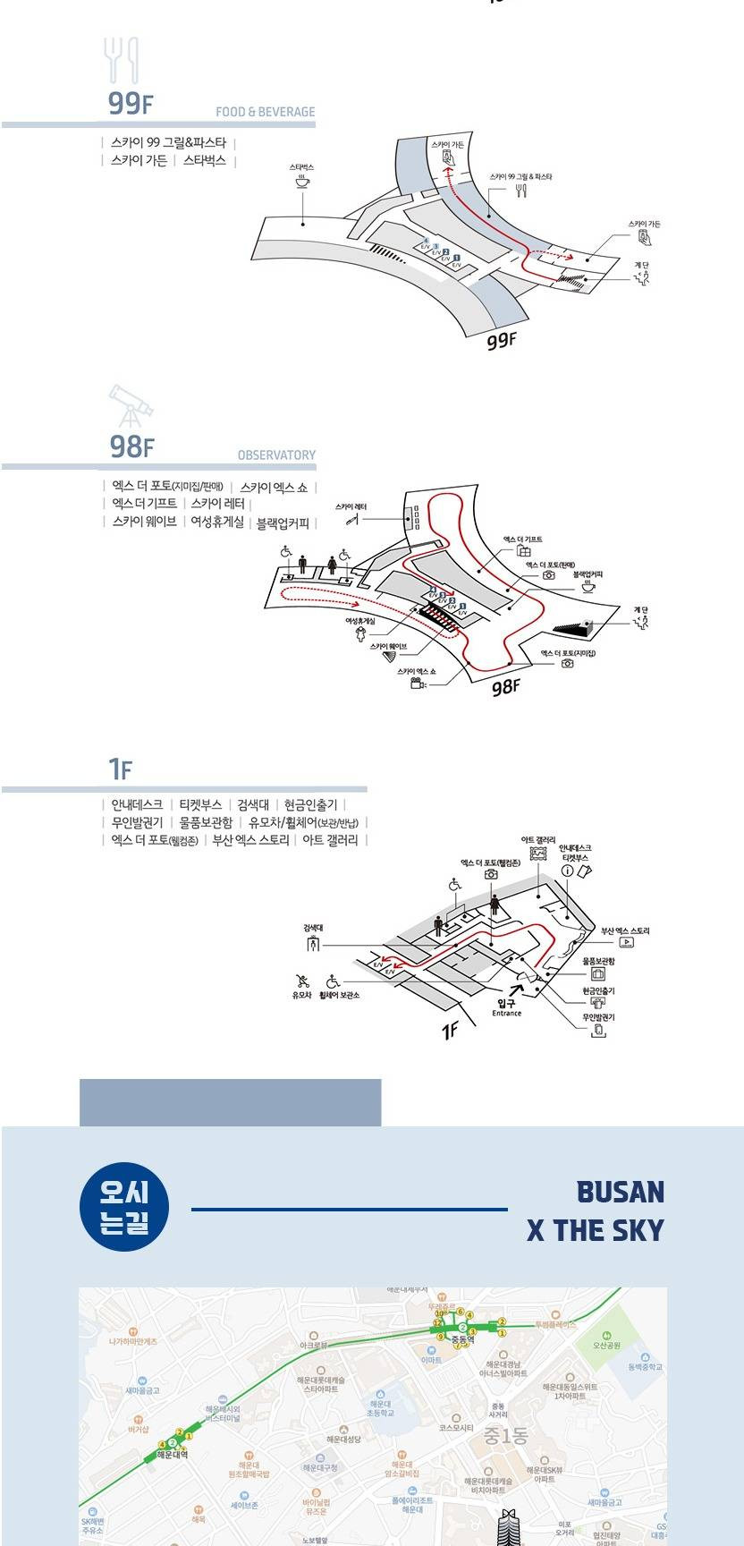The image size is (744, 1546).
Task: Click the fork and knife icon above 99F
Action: (x=123, y=61)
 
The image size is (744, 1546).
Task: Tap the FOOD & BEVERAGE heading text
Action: (x=265, y=112)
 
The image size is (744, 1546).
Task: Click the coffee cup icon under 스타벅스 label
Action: (x=302, y=182)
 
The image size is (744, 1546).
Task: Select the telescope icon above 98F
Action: (x=131, y=405)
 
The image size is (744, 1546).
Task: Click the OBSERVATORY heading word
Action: (x=276, y=454)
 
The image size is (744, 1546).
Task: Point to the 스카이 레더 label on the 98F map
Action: (x=351, y=507)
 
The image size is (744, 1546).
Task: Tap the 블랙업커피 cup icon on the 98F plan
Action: (x=588, y=588)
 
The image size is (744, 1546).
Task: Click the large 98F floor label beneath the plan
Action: (x=505, y=686)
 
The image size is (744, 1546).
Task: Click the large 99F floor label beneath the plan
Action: (x=502, y=340)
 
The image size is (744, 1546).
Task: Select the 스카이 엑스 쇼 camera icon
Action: (x=417, y=684)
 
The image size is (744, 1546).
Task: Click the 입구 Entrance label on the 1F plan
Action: (x=506, y=1007)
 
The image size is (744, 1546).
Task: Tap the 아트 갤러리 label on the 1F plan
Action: (x=538, y=840)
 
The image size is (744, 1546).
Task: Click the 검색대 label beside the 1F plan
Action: (x=312, y=928)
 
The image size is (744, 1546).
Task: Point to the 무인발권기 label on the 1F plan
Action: (x=598, y=1017)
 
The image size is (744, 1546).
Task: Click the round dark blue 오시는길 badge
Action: (x=124, y=1205)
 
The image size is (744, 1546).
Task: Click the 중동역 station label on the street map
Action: (x=461, y=1339)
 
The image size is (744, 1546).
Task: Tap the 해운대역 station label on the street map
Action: (x=171, y=1455)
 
